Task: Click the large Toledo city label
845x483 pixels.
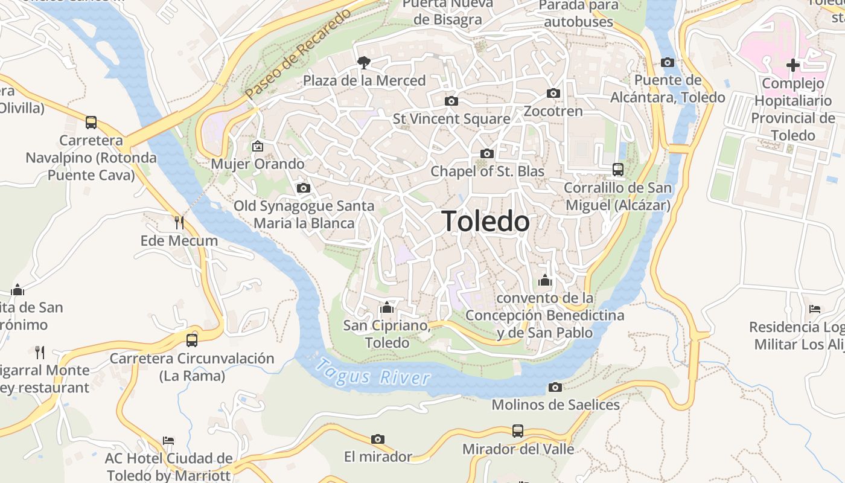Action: coord(486,222)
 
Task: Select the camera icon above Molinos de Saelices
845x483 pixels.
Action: coord(555,387)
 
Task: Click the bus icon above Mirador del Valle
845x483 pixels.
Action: coord(518,430)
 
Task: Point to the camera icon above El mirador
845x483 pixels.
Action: coord(378,439)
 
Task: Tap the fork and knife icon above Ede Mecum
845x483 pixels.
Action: coord(179,222)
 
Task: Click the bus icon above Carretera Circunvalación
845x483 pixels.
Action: coord(192,340)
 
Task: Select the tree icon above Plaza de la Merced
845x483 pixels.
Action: coord(363,62)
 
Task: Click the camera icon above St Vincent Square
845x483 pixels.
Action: coord(451,101)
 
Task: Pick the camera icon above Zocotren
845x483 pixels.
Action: coord(553,93)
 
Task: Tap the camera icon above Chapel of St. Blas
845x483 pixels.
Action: coord(487,153)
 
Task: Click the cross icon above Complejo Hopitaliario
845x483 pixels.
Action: coord(793,65)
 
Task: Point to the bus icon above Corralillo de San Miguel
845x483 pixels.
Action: coord(617,169)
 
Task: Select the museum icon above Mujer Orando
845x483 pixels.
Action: coord(258,146)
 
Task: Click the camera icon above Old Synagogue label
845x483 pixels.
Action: coord(304,188)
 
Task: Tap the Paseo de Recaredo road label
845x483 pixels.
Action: coord(298,54)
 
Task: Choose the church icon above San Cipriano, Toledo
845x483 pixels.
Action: coord(387,308)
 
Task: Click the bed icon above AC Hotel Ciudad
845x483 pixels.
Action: coord(168,441)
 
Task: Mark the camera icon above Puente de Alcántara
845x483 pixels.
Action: coord(667,62)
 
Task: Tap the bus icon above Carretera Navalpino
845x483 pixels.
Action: coord(91,123)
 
